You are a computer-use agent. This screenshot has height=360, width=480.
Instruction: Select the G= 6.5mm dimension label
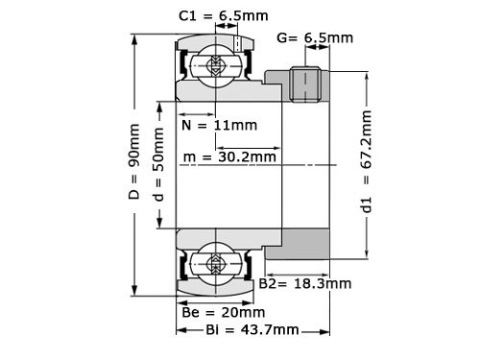pyautogui.click(x=315, y=38)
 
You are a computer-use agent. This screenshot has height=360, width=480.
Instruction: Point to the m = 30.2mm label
pyautogui.click(x=230, y=156)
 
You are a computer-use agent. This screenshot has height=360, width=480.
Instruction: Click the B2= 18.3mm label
pyautogui.click(x=305, y=284)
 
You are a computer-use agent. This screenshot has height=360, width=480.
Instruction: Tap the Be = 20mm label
pyautogui.click(x=223, y=312)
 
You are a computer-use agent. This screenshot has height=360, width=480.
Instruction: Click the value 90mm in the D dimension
pyautogui.click(x=134, y=144)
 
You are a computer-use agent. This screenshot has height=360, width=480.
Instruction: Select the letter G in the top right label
pyautogui.click(x=281, y=38)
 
